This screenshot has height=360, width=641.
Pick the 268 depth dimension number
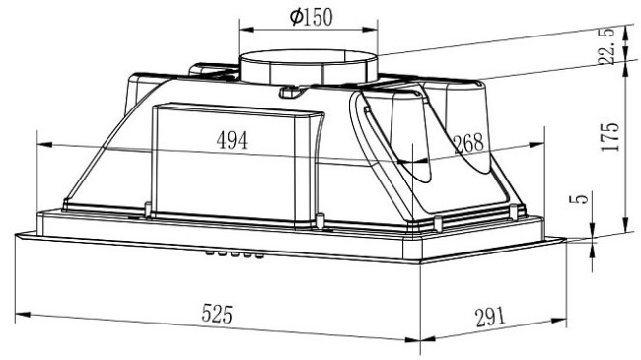(x=467, y=142)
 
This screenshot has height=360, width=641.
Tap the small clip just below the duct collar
(x=289, y=94)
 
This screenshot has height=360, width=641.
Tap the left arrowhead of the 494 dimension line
(x=41, y=145)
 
